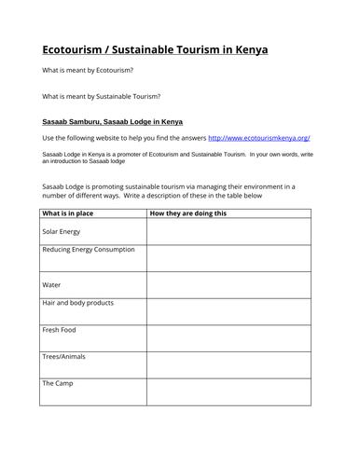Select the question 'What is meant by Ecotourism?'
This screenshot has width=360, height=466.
(88, 71)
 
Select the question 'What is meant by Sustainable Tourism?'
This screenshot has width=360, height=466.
(102, 96)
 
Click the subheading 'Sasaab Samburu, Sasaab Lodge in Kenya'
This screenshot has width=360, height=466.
(113, 121)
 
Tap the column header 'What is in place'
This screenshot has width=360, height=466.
(72, 213)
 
